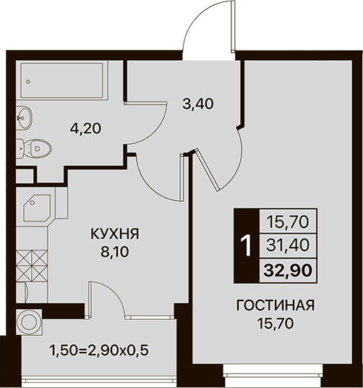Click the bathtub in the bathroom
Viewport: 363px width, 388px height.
click(61, 80)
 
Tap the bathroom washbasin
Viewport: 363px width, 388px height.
click(24, 118)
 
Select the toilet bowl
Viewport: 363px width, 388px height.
click(34, 148)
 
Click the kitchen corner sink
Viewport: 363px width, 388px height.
click(37, 208)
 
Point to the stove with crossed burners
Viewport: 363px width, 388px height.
click(32, 266)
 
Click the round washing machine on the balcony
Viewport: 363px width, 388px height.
click(29, 321)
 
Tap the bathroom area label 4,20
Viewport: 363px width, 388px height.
click(85, 129)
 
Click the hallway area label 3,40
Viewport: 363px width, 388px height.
click(198, 104)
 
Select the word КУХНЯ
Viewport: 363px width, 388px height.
click(115, 234)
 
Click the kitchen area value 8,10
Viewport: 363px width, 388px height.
click(115, 252)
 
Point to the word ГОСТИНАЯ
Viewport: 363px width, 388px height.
click(276, 305)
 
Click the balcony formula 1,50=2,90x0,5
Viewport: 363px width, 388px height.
click(99, 350)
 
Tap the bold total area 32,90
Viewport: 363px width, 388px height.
click(287, 271)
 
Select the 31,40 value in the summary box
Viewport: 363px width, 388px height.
click(288, 245)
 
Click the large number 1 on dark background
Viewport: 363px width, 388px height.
click(247, 245)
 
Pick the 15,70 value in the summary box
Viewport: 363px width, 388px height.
click(288, 222)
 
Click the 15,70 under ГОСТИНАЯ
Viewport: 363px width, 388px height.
click(276, 324)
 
